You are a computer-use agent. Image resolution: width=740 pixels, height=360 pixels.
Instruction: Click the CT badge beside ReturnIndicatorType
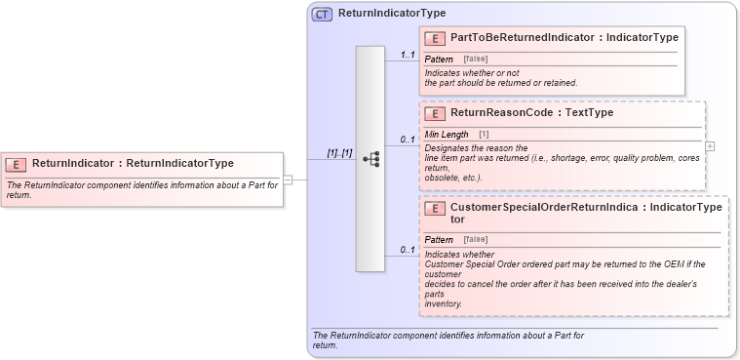click(x=322, y=14)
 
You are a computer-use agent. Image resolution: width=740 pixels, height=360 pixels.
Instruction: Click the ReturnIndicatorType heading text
click(x=392, y=14)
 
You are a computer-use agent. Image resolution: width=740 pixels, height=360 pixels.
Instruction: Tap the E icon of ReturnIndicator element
click(x=16, y=163)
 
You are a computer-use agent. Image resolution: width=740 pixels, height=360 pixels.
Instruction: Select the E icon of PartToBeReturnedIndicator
click(x=437, y=38)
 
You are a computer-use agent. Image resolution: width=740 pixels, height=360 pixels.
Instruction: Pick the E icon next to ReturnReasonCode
click(x=437, y=113)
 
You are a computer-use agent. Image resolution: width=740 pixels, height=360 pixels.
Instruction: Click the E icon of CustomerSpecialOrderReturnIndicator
click(x=437, y=209)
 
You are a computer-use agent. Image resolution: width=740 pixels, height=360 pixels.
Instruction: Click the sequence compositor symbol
click(x=370, y=159)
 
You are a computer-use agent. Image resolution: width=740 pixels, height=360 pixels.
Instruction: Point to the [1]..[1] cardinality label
click(x=339, y=154)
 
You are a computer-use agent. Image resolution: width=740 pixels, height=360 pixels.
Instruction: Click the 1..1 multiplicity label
click(x=408, y=56)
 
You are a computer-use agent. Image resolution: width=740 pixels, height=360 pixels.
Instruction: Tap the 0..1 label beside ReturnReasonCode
click(x=408, y=140)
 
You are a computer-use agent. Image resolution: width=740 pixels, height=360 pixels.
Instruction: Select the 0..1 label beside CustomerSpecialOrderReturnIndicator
click(x=408, y=251)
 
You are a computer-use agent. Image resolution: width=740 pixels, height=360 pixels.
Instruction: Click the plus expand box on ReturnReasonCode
click(x=710, y=146)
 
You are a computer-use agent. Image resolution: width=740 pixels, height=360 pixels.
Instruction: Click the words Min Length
click(x=447, y=134)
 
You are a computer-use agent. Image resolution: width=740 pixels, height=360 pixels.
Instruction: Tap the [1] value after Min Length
click(x=484, y=134)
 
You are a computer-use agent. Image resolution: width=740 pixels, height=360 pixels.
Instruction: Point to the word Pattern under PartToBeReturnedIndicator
click(x=440, y=60)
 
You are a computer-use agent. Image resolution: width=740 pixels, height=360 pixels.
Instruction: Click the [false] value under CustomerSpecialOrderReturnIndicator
click(x=476, y=239)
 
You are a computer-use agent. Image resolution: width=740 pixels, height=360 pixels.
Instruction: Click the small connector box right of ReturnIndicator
click(x=288, y=179)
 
